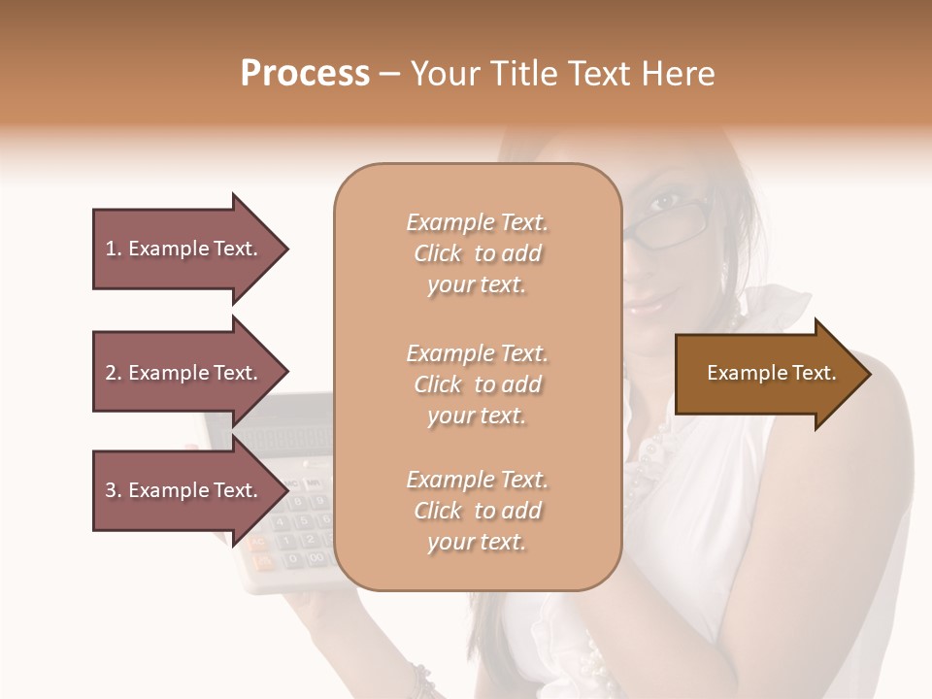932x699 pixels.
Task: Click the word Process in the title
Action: click(x=305, y=74)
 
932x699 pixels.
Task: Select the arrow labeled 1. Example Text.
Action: click(x=184, y=249)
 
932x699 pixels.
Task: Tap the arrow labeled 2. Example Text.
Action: click(x=184, y=373)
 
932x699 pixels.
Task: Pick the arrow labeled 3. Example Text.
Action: click(x=184, y=490)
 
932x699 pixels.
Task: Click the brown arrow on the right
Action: click(x=767, y=374)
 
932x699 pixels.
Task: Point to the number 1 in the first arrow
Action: click(x=111, y=249)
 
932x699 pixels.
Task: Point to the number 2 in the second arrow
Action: click(x=111, y=373)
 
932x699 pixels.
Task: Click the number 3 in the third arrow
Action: click(x=111, y=490)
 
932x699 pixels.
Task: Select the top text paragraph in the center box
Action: click(x=477, y=253)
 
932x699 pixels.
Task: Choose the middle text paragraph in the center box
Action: click(x=477, y=384)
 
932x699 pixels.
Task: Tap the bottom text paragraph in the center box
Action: click(x=477, y=511)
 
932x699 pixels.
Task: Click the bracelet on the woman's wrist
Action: click(x=423, y=680)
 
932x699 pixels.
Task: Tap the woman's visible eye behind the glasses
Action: click(x=665, y=205)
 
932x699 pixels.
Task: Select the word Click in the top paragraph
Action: click(x=438, y=253)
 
